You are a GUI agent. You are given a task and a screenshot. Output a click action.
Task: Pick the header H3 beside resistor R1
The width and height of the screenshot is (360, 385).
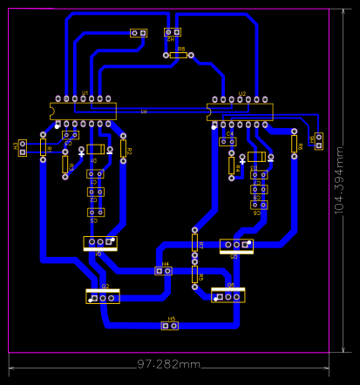(x=22, y=147)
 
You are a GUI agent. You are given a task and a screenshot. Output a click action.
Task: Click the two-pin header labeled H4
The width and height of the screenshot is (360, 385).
(x=163, y=271)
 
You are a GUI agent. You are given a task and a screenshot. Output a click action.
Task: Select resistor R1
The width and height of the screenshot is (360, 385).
(x=43, y=147)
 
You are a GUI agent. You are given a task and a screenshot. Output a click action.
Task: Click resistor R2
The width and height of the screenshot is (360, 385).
(x=123, y=149)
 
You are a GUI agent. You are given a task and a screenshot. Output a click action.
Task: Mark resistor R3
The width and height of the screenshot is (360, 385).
(x=65, y=165)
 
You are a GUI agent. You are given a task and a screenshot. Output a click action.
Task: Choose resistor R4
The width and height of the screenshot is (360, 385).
(x=231, y=165)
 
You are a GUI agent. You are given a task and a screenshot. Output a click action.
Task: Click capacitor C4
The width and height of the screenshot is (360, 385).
(x=228, y=141)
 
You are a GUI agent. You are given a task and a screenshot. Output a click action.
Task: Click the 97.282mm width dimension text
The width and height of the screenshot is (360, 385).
(x=169, y=363)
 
